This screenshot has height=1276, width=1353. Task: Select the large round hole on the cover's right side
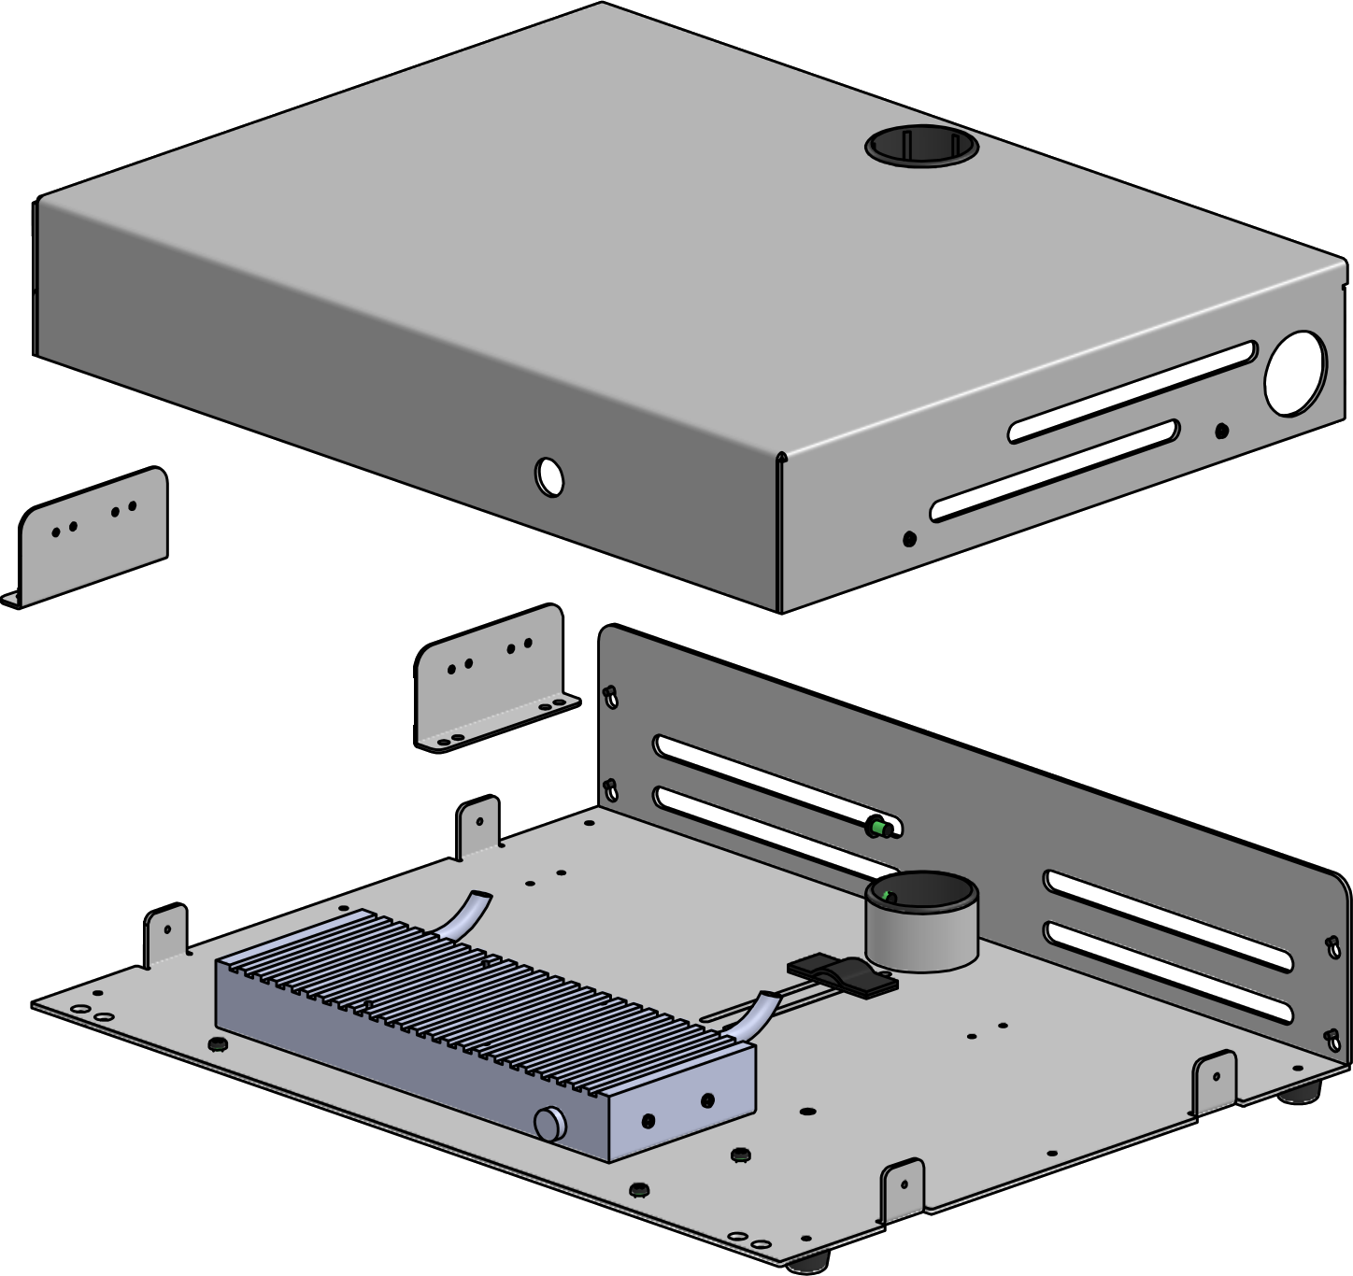1295,372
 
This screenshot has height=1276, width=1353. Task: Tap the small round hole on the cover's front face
549,475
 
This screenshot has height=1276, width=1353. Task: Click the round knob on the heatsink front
549,1121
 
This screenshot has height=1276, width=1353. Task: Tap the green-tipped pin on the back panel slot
879,827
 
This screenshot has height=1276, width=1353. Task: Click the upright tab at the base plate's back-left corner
479,826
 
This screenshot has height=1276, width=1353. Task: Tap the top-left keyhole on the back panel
610,693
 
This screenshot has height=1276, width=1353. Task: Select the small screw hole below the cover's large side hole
1221,431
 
